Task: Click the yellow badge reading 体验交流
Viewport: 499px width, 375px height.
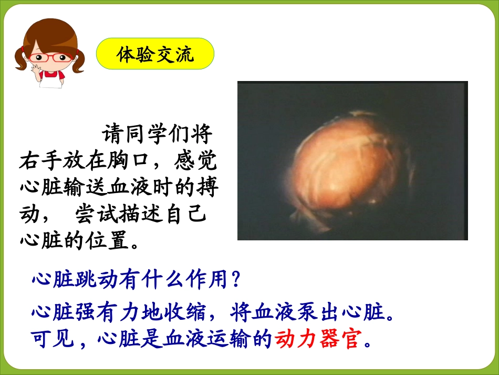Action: click(155, 54)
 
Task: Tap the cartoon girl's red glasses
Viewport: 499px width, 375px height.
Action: click(51, 58)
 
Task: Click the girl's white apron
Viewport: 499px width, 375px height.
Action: click(51, 80)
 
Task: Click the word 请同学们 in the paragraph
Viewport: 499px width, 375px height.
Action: click(145, 134)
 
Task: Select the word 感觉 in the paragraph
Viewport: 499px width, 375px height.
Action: click(195, 161)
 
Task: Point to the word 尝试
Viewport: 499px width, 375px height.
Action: click(97, 214)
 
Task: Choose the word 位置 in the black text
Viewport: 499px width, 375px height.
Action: click(108, 240)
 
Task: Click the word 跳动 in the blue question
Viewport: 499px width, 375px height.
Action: click(97, 279)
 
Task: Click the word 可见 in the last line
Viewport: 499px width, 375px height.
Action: click(53, 338)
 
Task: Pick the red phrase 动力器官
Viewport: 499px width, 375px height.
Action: click(318, 338)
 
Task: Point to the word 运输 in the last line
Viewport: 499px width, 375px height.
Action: click(228, 338)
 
